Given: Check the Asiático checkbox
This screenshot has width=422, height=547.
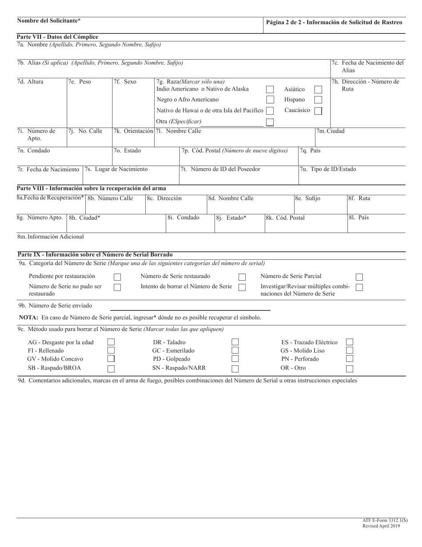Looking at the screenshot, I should point(318,89).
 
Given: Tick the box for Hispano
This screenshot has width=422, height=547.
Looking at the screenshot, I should point(318,100).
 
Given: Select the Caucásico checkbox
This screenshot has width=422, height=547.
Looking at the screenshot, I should point(318,111).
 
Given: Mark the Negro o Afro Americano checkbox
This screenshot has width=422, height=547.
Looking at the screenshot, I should point(270,100).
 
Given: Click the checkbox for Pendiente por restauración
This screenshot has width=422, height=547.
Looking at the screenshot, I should point(117,277).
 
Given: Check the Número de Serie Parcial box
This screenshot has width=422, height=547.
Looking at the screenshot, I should point(359,277).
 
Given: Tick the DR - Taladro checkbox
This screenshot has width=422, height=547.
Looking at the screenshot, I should point(235,342).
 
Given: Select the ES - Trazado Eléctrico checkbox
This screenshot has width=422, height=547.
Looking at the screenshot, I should point(350,342).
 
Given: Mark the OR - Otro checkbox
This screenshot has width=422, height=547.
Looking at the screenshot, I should point(350,368).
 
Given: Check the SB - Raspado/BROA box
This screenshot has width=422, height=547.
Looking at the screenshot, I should point(111,368).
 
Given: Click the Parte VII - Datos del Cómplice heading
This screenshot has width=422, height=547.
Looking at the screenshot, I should point(57,37).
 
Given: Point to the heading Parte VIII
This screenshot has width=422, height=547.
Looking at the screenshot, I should point(91,189).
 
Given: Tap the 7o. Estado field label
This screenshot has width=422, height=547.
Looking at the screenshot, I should point(127,151).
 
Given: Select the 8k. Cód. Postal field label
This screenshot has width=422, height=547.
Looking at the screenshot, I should point(285,218).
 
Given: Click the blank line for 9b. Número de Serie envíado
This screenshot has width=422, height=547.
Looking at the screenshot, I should point(190,307).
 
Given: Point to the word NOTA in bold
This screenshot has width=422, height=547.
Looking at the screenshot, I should point(29,318).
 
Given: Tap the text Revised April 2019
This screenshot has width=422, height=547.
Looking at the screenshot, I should point(381,526).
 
